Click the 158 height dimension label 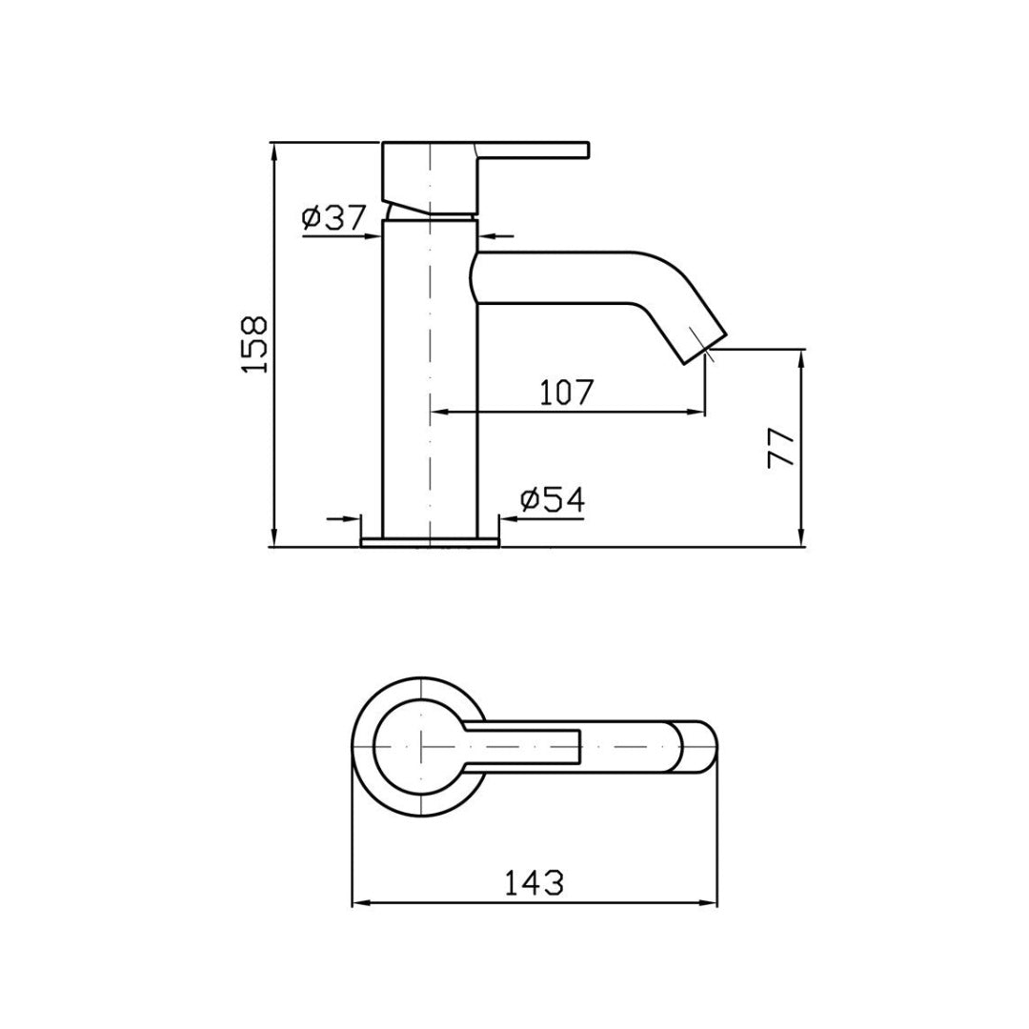click(x=254, y=344)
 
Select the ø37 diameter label click(x=333, y=219)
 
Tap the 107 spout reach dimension click(x=567, y=393)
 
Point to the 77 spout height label click(x=781, y=447)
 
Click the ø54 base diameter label click(x=553, y=499)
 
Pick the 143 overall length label click(x=534, y=882)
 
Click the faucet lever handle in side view click(x=534, y=150)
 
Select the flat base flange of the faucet click(x=431, y=543)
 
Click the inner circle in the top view click(x=419, y=747)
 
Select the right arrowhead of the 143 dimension click(x=710, y=903)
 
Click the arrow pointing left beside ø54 click(x=508, y=519)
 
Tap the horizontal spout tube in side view click(x=562, y=278)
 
